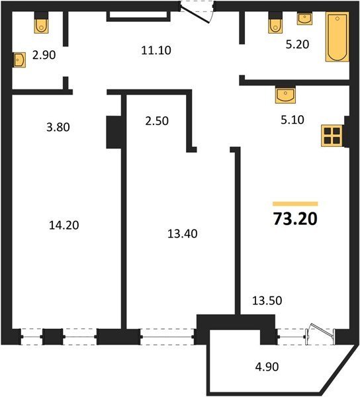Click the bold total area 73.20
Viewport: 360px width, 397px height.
(295, 219)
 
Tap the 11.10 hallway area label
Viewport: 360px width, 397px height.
(156, 50)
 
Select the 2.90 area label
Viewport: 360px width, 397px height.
(44, 55)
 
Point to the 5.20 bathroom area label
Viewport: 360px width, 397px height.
(298, 44)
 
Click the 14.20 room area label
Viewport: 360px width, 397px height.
(64, 225)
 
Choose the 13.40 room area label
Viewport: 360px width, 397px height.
(182, 234)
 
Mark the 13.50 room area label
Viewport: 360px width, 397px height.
(267, 301)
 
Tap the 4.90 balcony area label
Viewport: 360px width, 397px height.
(267, 367)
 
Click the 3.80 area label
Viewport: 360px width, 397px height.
(58, 127)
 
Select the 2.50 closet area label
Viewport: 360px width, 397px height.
(157, 121)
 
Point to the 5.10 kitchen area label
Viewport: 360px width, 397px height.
(292, 120)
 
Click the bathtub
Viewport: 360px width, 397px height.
(337, 36)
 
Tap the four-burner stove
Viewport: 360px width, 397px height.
(332, 136)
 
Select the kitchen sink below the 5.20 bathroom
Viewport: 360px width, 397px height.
(285, 95)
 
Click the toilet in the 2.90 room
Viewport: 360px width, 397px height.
(41, 22)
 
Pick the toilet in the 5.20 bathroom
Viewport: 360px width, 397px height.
(275, 22)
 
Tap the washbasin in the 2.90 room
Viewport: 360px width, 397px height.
(19, 60)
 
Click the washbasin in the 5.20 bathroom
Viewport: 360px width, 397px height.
(304, 19)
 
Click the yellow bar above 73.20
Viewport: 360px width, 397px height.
(295, 204)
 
